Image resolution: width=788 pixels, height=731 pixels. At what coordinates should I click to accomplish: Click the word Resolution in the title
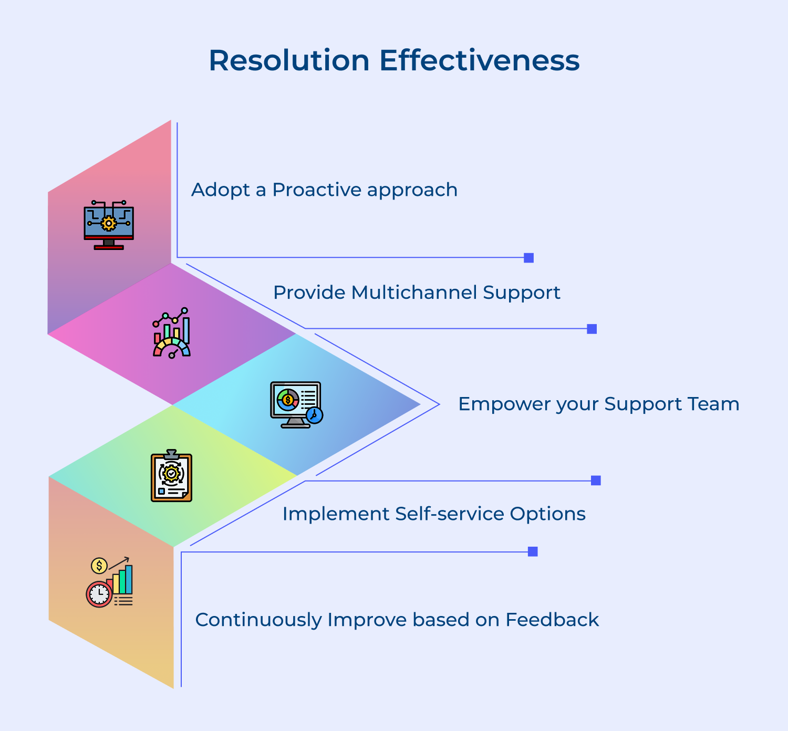coord(289,60)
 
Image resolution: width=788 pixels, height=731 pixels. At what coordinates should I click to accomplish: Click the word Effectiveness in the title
coord(479,60)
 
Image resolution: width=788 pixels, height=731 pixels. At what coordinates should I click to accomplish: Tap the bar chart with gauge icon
coord(172,333)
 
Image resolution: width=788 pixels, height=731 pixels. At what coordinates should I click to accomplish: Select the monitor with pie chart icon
coord(295,403)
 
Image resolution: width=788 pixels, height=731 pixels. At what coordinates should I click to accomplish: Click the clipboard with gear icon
coord(171,476)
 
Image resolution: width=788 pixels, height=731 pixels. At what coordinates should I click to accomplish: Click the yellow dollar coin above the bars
coord(99,566)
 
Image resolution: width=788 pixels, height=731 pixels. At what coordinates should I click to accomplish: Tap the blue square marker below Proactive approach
coord(529,258)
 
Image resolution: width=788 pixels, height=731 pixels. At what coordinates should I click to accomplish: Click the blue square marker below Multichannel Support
coord(592,329)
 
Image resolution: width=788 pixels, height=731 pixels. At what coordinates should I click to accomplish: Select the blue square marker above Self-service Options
coord(596,481)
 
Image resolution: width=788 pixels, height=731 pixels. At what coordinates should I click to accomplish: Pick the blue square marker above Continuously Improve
coord(533,551)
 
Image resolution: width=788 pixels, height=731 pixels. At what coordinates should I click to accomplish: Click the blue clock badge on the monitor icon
coord(314,415)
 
